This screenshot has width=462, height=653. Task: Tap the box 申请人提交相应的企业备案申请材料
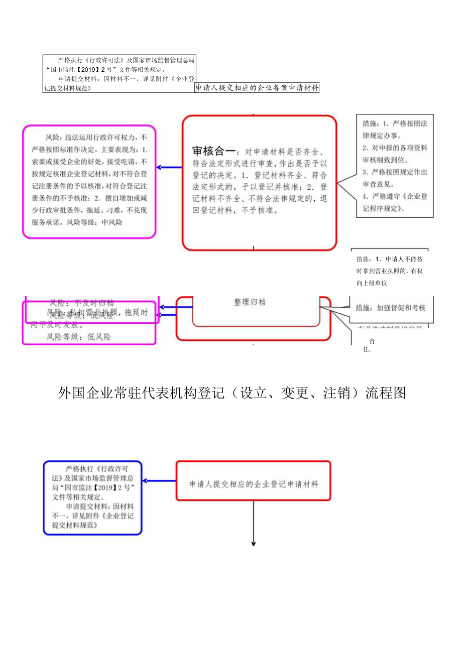coord(257,88)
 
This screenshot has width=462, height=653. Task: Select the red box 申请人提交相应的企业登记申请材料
coord(254,484)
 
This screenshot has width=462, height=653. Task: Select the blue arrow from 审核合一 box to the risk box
coord(169,167)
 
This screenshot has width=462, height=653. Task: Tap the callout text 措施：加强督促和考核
coord(390,308)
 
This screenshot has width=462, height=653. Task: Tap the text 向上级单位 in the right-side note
coord(372,283)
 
